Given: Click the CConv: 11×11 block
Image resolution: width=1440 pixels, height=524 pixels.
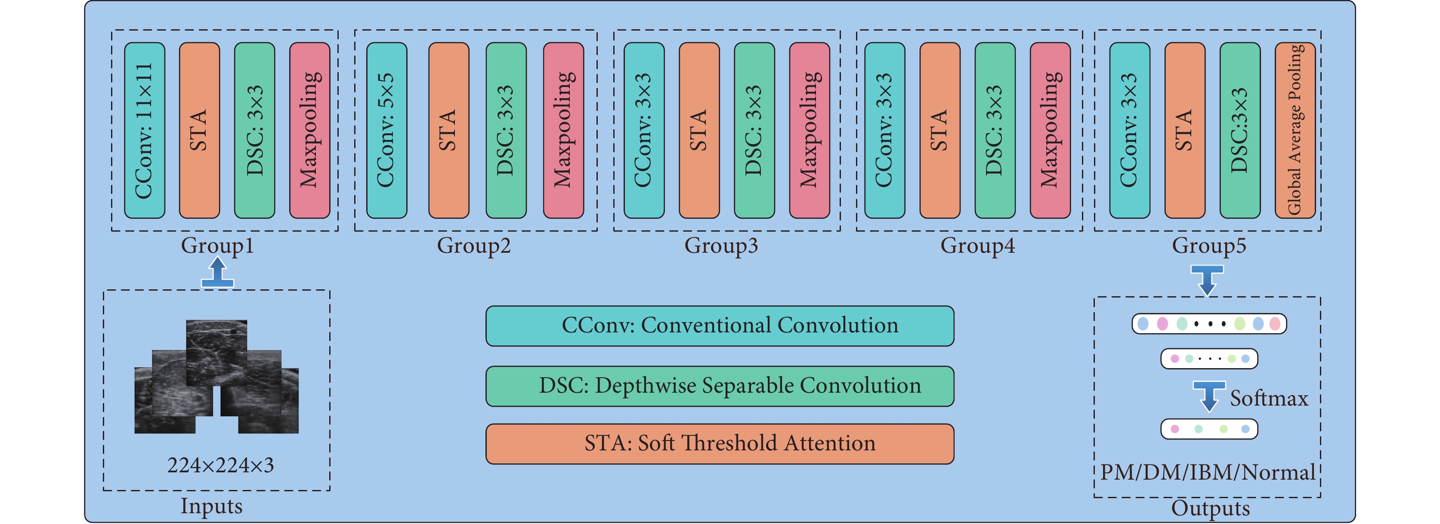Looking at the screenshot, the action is (144, 130).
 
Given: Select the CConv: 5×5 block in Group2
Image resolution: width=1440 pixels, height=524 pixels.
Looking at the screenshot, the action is (387, 130).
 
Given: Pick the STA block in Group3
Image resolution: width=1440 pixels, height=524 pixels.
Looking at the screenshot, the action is (699, 130).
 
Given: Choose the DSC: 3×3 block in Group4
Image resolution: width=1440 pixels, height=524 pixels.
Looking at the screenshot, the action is (995, 130).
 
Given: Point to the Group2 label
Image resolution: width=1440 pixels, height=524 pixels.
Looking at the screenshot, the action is (473, 246).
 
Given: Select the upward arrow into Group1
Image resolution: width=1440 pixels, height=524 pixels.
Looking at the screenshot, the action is (217, 273).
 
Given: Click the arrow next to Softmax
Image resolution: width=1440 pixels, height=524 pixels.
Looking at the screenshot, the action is (1210, 397).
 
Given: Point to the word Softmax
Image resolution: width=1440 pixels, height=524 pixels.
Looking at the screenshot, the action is (1269, 398).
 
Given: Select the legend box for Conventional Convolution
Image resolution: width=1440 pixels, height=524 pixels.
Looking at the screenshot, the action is (720, 326).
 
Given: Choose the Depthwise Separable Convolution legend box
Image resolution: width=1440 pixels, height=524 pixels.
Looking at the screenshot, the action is (720, 386).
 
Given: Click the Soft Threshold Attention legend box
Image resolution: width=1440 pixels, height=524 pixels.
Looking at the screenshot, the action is (720, 443).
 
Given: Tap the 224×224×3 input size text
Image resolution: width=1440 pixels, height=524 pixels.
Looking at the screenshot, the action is (220, 465).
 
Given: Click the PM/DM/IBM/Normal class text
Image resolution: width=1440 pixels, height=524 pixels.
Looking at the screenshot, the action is (1208, 473).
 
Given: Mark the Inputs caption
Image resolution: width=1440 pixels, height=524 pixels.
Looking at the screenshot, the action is (211, 506).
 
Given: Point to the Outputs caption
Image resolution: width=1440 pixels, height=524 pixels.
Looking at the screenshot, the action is (1210, 508).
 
